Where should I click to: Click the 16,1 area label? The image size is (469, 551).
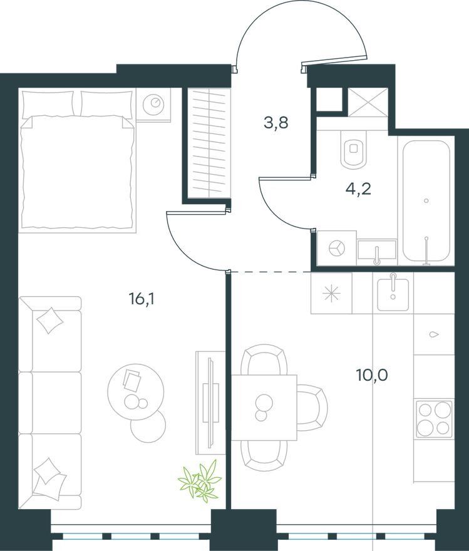pos(142,299)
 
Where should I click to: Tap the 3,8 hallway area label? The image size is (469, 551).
pos(276,123)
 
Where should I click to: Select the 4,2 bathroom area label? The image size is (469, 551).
pos(358,189)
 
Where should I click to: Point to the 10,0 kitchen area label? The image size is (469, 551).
pos(372,375)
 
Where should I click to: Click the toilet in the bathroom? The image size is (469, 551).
pos(354,150)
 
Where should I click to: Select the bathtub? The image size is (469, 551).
pos(426,201)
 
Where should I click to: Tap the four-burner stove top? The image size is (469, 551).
pos(434,418)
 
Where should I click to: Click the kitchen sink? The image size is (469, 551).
pos(393,294)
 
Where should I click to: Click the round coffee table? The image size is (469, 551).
pos(136,392)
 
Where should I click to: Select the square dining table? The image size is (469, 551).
pos(264,408)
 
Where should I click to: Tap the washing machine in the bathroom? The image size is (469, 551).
pos(336,248)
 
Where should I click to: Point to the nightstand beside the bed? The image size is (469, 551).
pos(153,105)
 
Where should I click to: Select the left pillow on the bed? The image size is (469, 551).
pos(48,104)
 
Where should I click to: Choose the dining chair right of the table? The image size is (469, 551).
pos(312,408)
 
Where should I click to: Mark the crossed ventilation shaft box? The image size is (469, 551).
pos(368,102)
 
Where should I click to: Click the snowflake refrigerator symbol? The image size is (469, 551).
pos(332,294)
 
